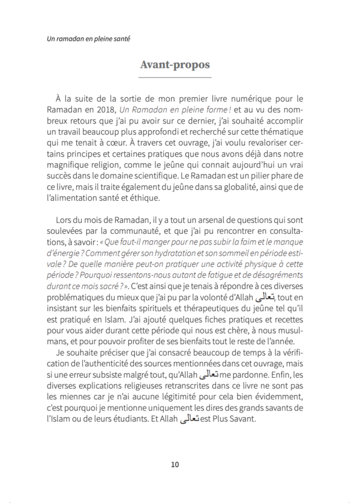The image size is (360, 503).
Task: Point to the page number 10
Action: pyautogui.click(x=175, y=464)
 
